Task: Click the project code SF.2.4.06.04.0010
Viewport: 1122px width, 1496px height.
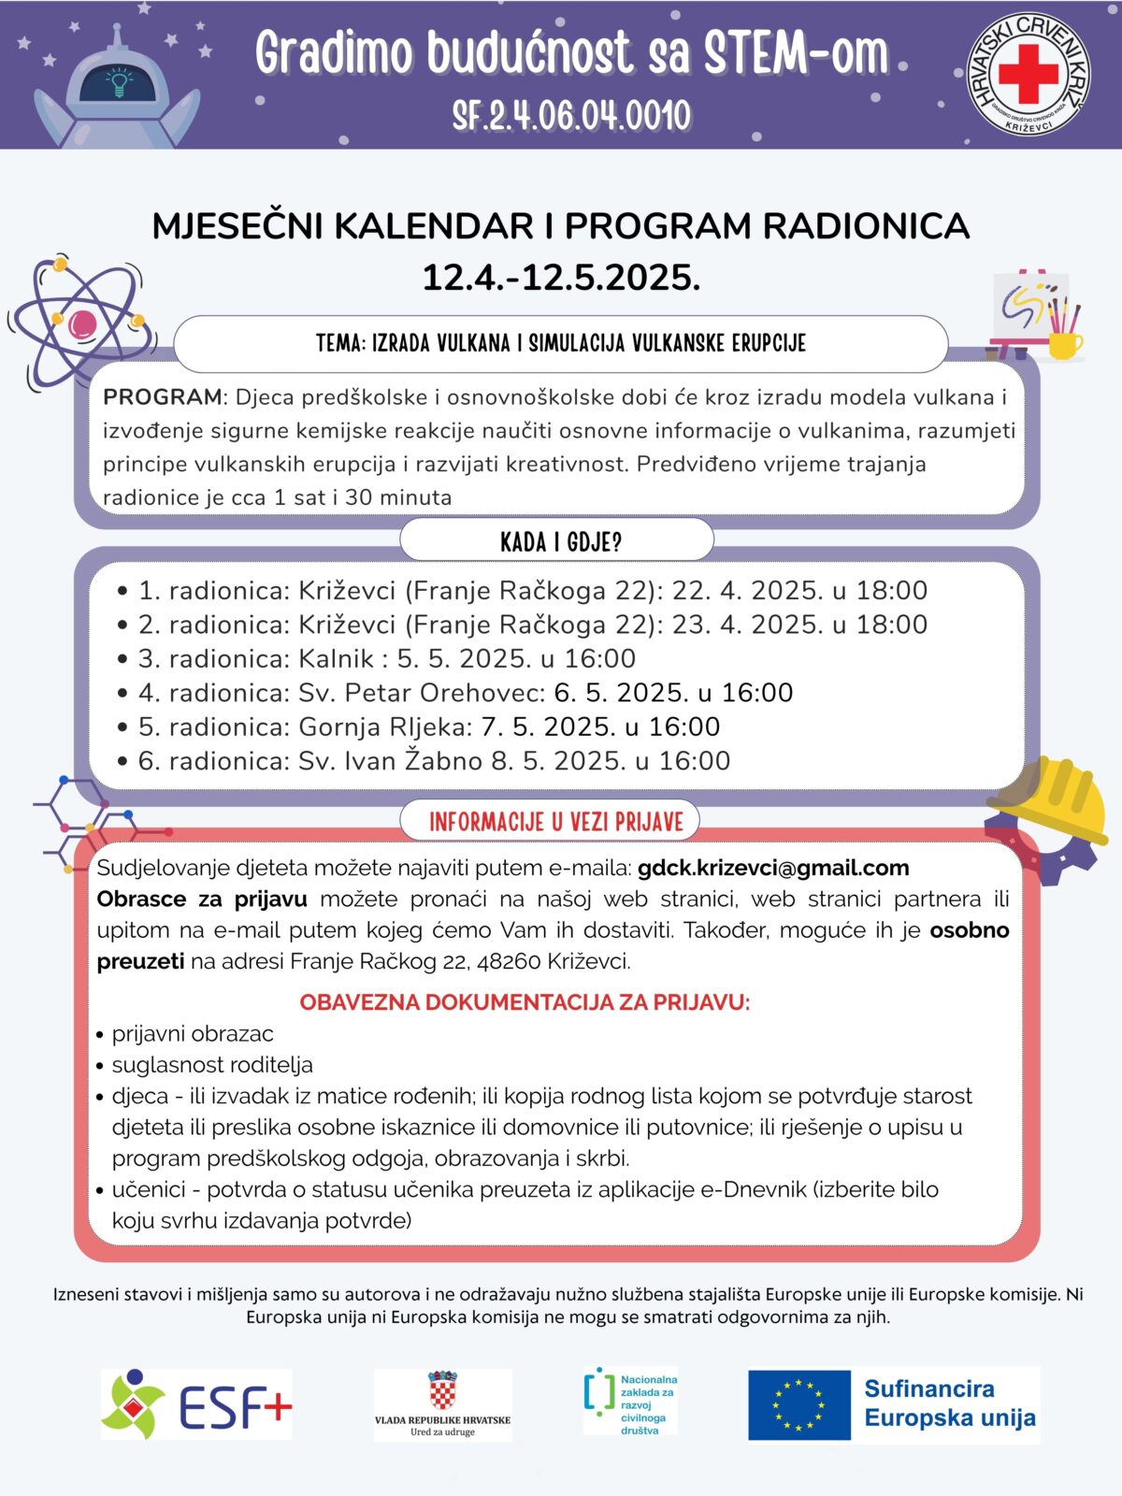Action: coord(571,116)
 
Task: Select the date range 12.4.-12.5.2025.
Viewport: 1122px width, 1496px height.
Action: coord(561,278)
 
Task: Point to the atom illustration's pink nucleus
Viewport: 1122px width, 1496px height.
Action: coord(82,324)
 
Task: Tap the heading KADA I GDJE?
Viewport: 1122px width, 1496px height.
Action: coord(560,542)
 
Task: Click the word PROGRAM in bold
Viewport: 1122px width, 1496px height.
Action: coord(162,397)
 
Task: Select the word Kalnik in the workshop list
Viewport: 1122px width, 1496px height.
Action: coord(336,659)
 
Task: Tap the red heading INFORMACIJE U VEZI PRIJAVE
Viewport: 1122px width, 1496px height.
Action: coord(556,823)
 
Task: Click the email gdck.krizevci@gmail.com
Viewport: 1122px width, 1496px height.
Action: coord(773,868)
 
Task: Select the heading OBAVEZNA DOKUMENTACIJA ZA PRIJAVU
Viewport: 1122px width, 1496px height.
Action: coord(525,1003)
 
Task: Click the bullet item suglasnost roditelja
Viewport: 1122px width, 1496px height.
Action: coord(212,1065)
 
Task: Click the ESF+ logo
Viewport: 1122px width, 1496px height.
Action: coord(197,1404)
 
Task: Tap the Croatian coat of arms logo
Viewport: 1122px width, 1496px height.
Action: coord(442,1391)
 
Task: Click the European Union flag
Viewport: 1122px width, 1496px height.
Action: coord(798,1404)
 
